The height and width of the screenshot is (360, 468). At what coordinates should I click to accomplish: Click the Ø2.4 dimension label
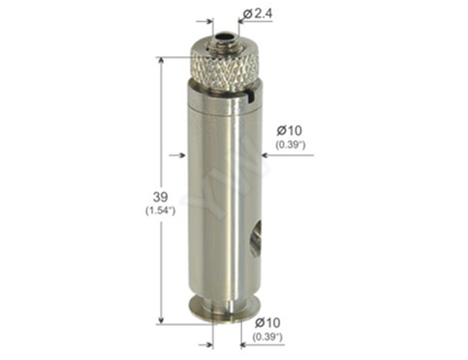click(258, 13)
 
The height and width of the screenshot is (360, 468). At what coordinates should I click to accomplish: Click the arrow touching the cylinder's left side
click(182, 153)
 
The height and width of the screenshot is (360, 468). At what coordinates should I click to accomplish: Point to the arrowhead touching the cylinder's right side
click(267, 153)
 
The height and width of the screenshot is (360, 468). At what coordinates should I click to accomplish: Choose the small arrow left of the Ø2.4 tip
click(210, 22)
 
